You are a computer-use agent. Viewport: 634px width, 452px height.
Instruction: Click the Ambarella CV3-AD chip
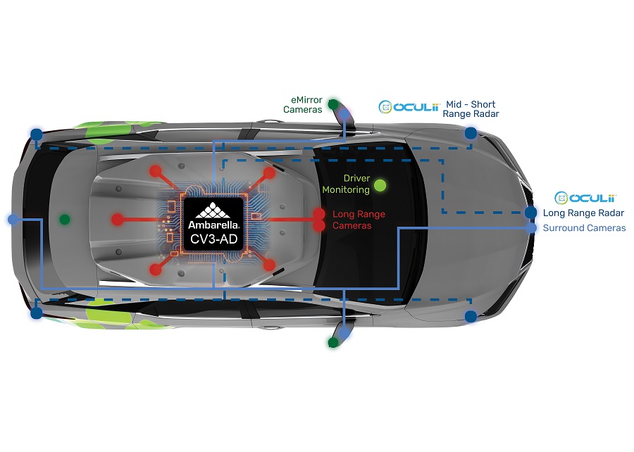click(x=213, y=224)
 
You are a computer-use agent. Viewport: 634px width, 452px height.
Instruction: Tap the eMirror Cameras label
click(x=303, y=105)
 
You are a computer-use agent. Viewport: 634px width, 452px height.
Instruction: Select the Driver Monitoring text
click(x=346, y=184)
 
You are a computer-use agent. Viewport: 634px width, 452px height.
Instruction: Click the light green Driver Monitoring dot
click(x=380, y=185)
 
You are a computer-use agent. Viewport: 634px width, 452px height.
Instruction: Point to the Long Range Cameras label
click(x=359, y=220)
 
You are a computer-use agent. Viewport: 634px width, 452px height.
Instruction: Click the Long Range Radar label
click(x=583, y=213)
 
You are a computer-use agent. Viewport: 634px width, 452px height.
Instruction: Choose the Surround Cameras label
click(x=584, y=228)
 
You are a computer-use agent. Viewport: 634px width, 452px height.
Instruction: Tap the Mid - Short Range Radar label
click(x=471, y=109)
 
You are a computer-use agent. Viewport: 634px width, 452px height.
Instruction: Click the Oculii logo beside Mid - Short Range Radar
click(x=409, y=107)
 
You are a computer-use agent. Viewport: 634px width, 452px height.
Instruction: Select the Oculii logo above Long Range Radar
click(x=585, y=198)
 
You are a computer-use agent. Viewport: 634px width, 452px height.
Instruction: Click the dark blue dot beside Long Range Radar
click(x=530, y=213)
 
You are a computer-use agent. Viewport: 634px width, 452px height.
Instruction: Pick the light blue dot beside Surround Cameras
click(x=531, y=228)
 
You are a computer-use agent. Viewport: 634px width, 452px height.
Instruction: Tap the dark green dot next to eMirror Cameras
click(x=333, y=105)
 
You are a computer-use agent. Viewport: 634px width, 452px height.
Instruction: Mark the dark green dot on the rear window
click(x=65, y=220)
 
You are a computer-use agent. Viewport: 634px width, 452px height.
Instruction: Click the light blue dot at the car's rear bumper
click(x=13, y=220)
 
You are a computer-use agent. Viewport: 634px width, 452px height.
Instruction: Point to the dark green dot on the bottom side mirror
click(x=332, y=343)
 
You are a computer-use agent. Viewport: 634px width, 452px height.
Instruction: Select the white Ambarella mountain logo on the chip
click(x=213, y=211)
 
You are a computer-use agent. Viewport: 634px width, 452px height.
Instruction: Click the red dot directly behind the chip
click(x=117, y=220)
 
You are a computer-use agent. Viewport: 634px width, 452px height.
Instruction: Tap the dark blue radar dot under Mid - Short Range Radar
click(x=471, y=133)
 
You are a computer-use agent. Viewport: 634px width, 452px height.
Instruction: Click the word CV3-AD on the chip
click(x=213, y=239)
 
